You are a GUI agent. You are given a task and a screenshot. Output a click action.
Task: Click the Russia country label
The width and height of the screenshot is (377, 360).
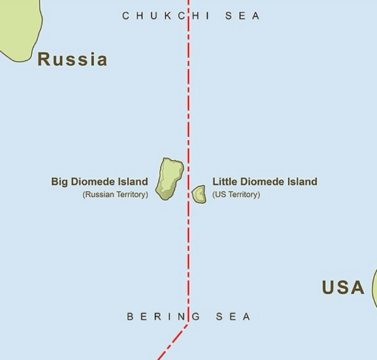(73, 59)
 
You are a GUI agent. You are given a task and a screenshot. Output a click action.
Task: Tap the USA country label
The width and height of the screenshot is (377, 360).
(343, 287)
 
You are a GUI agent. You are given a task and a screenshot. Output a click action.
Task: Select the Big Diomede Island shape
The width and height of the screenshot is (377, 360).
(171, 179)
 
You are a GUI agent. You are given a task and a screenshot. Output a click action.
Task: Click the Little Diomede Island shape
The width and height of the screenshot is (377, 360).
(198, 195)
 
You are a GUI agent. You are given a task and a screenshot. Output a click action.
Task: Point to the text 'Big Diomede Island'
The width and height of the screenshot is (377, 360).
(99, 181)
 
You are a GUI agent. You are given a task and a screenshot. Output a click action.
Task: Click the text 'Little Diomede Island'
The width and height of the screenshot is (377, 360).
(264, 181)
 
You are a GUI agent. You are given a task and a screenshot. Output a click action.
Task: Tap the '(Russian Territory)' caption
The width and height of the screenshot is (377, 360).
(116, 195)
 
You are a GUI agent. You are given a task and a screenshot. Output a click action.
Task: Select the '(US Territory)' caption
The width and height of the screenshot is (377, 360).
(236, 195)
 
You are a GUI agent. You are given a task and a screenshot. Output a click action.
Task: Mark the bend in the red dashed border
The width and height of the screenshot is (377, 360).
(188, 321)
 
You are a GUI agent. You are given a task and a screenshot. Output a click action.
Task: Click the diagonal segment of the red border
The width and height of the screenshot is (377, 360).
(173, 341)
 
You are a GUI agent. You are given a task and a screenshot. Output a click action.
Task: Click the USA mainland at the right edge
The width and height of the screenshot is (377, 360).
(373, 289)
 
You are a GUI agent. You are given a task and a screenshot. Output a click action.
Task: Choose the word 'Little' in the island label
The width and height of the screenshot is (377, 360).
(226, 181)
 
